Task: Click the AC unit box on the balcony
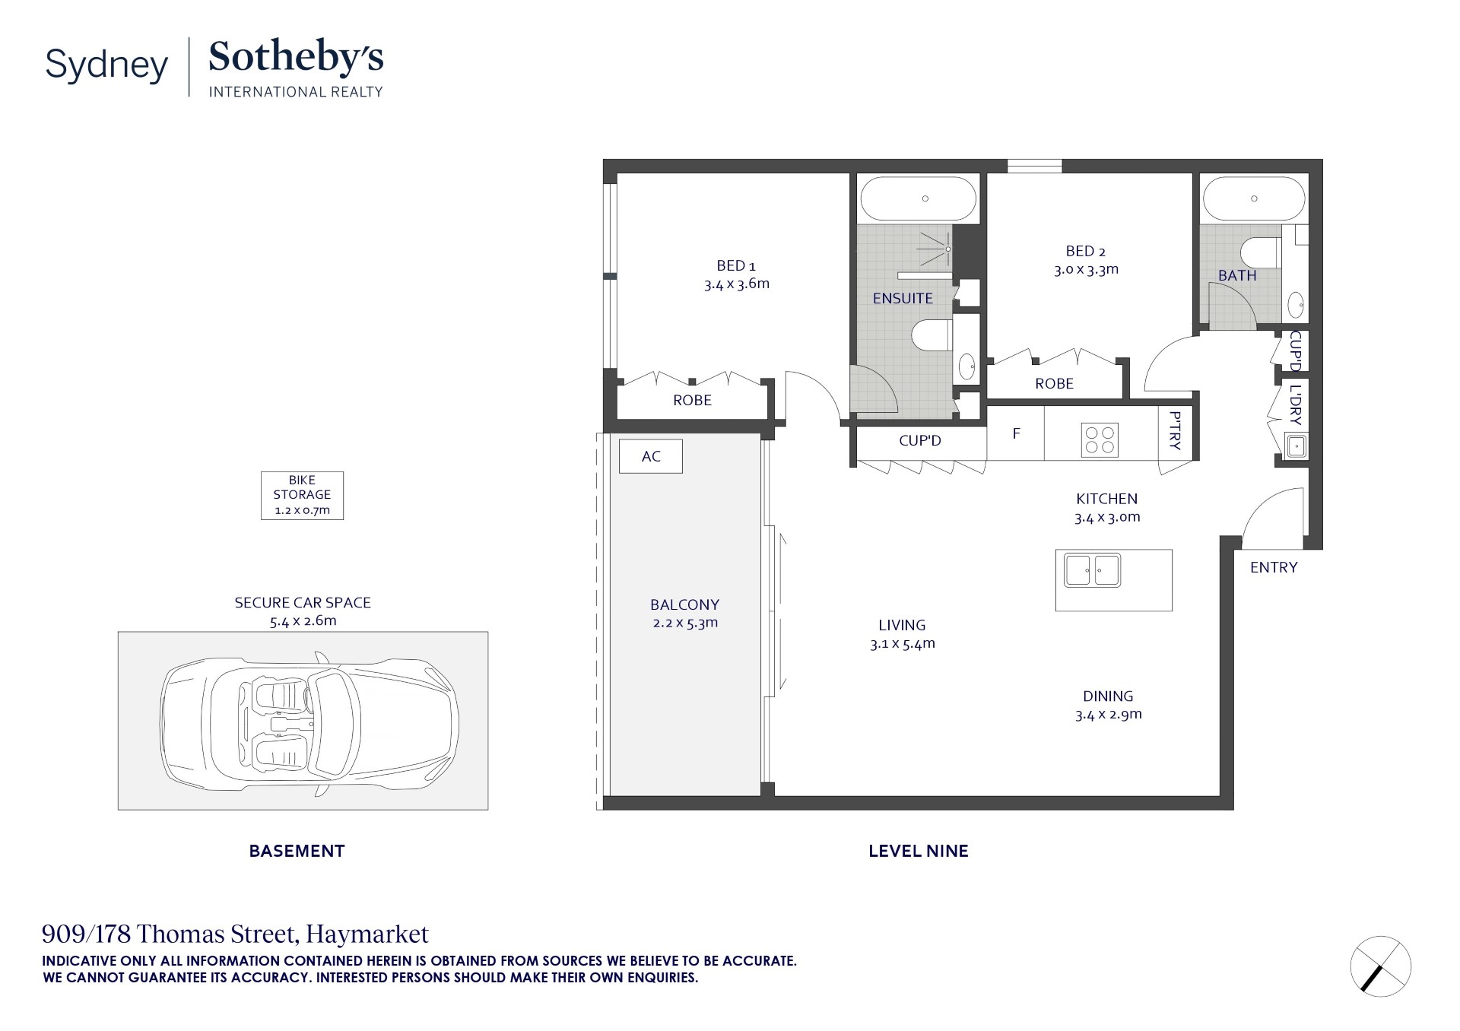[x=650, y=456]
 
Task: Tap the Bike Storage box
[x=302, y=495]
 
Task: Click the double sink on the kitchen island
[x=1092, y=570]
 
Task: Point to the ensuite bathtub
[x=918, y=199]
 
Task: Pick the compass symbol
[x=1380, y=966]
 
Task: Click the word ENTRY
[x=1274, y=567]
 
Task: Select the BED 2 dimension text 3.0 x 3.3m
[x=1086, y=269]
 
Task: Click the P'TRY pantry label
[x=1176, y=431]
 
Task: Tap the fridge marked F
[x=1016, y=433]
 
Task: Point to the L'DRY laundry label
[x=1296, y=404]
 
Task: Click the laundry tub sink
[x=1296, y=446]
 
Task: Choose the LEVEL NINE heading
[x=918, y=851]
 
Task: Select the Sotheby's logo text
[x=296, y=57]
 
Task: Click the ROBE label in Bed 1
[x=692, y=400]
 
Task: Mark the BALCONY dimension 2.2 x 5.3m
[x=685, y=623]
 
